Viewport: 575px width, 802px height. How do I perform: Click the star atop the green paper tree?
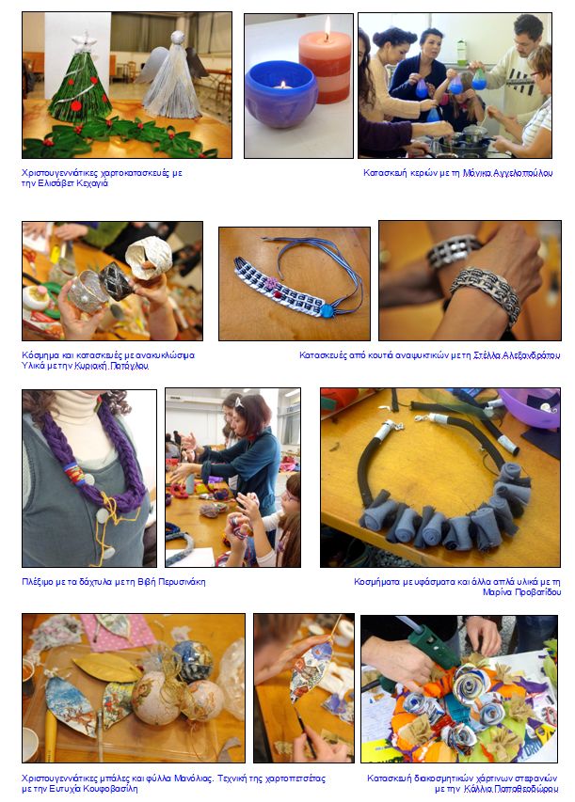85,42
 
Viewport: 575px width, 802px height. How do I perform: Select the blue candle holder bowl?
281,86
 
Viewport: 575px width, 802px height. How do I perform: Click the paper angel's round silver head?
177,38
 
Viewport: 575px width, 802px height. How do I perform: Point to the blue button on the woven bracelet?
327,310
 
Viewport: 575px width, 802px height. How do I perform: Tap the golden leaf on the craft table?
106,668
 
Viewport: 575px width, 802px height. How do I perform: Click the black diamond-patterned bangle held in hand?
117,281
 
